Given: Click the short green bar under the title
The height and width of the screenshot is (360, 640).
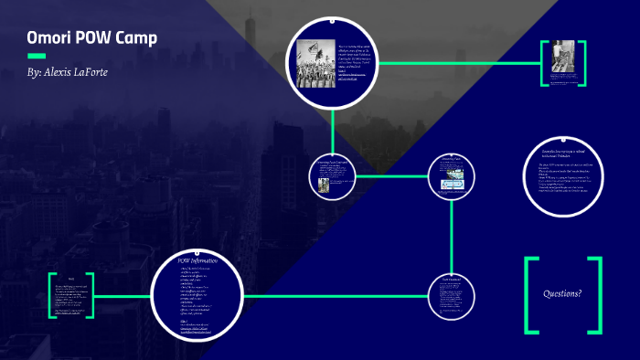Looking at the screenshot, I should tap(37, 56).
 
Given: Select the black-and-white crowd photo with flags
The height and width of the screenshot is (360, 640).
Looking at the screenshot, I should tap(316, 64).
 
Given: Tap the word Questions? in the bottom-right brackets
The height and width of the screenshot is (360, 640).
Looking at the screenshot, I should tap(562, 294).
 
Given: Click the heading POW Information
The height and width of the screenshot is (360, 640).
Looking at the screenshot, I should tap(197, 261).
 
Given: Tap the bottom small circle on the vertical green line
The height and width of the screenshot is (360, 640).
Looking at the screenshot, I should tap(452, 296).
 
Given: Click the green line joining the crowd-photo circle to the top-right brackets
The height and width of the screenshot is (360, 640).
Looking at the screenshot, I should tap(457, 63).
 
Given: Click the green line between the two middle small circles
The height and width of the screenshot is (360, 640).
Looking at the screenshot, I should tap(389, 175).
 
